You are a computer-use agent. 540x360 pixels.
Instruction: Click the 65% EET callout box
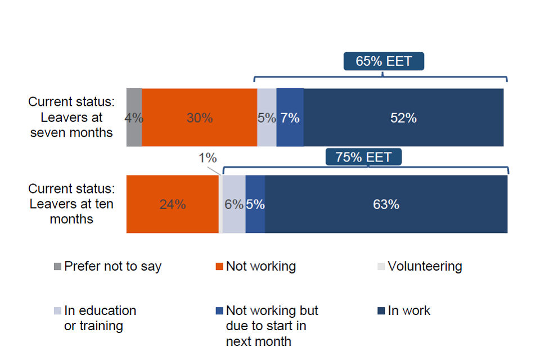pyautogui.click(x=384, y=61)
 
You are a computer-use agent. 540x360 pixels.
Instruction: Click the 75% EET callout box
pyautogui.click(x=363, y=157)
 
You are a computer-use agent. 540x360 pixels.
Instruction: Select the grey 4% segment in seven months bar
pyautogui.click(x=134, y=118)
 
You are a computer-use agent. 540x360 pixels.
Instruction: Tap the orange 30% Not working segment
pyautogui.click(x=199, y=118)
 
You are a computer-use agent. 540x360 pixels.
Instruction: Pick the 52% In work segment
pyautogui.click(x=403, y=118)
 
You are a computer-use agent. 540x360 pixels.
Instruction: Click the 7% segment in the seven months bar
pyautogui.click(x=290, y=118)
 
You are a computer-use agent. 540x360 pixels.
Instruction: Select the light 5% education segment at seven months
pyautogui.click(x=267, y=118)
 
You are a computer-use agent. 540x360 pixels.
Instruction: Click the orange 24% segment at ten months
pyautogui.click(x=172, y=204)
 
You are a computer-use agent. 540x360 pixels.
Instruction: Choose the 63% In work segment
pyautogui.click(x=386, y=204)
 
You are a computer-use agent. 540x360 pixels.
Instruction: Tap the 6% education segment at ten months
pyautogui.click(x=234, y=204)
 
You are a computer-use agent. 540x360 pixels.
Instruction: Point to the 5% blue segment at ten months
pyautogui.click(x=255, y=204)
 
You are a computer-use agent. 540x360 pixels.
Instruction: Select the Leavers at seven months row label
pyautogui.click(x=71, y=118)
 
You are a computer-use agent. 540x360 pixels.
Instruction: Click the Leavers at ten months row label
pyautogui.click(x=71, y=204)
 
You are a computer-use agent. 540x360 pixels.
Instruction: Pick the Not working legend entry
pyautogui.click(x=255, y=267)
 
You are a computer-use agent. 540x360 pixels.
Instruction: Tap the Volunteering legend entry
pyautogui.click(x=419, y=267)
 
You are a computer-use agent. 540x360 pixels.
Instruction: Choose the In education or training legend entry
pyautogui.click(x=96, y=318)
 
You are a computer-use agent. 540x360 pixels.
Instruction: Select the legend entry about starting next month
pyautogui.click(x=267, y=325)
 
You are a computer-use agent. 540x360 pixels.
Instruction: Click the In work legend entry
pyautogui.click(x=403, y=310)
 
